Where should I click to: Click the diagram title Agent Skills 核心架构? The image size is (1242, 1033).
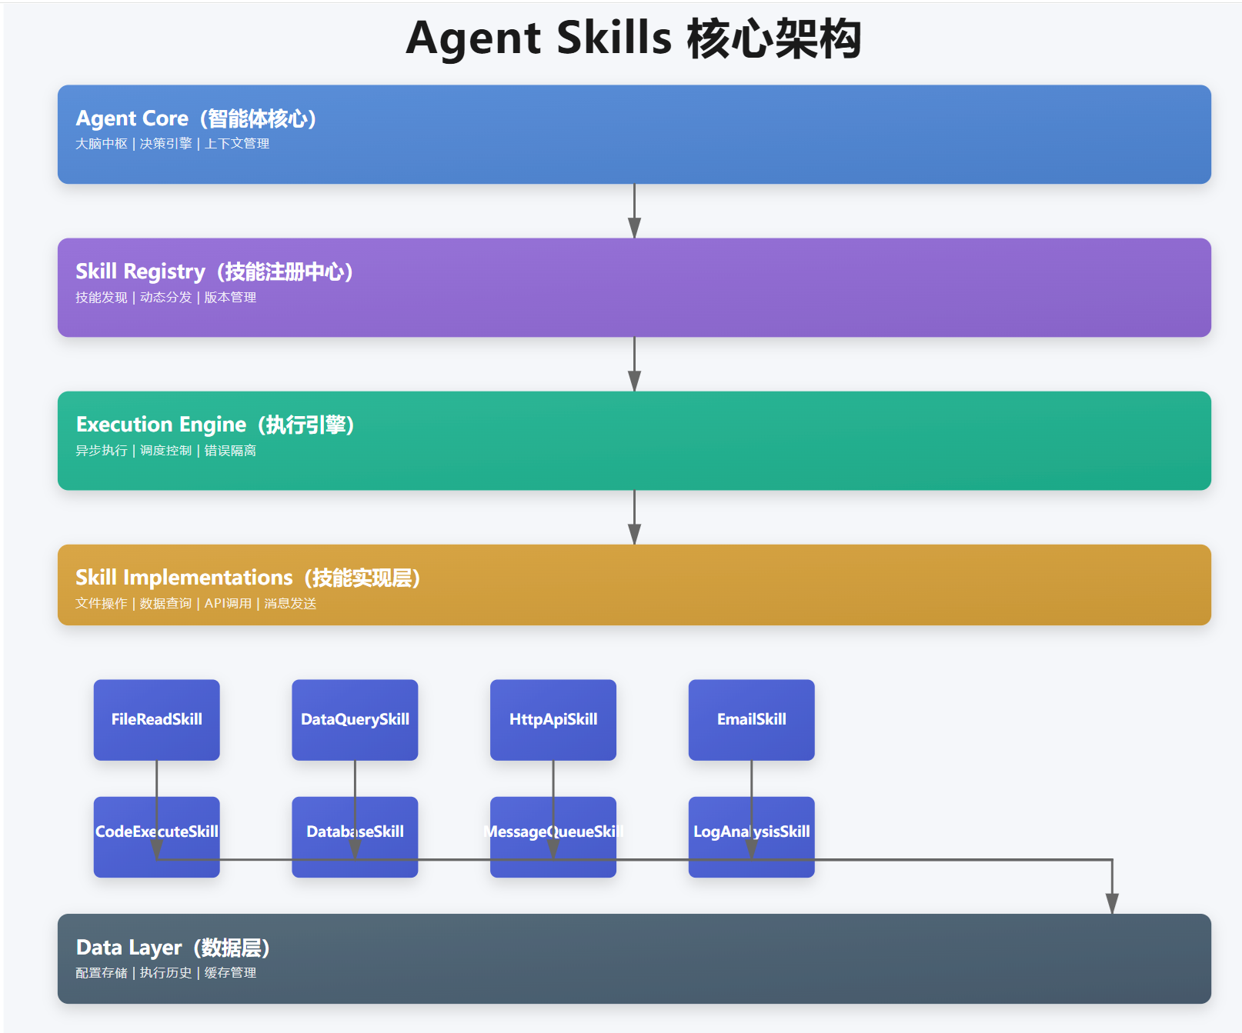click(x=633, y=38)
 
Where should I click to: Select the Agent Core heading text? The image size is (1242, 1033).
click(x=195, y=118)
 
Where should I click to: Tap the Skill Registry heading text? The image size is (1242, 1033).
click(x=213, y=272)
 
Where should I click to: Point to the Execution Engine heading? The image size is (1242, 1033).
click(x=214, y=425)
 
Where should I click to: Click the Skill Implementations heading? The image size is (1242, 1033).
click(x=247, y=578)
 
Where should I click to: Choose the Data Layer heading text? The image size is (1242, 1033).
click(x=172, y=948)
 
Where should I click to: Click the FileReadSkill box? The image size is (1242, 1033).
click(x=157, y=719)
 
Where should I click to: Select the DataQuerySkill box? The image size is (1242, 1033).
click(x=355, y=719)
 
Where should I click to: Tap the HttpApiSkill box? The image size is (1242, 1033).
click(x=553, y=719)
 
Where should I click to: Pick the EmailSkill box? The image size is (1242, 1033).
click(x=752, y=719)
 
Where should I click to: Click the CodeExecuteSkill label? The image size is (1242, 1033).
click(x=157, y=831)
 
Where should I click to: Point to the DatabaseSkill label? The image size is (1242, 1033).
click(x=355, y=831)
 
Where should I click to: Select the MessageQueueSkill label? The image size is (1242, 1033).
click(x=553, y=831)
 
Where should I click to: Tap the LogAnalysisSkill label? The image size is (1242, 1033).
click(x=752, y=831)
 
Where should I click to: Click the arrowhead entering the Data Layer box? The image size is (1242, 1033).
click(x=1112, y=904)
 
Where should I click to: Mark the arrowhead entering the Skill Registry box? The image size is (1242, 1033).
click(x=634, y=228)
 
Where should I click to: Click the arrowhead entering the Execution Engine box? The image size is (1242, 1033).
click(x=634, y=382)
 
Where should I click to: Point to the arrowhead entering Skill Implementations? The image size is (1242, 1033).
click(x=634, y=535)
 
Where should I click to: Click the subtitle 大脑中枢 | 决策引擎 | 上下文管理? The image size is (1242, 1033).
click(x=172, y=144)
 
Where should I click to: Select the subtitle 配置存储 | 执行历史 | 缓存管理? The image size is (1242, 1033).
click(x=166, y=973)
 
